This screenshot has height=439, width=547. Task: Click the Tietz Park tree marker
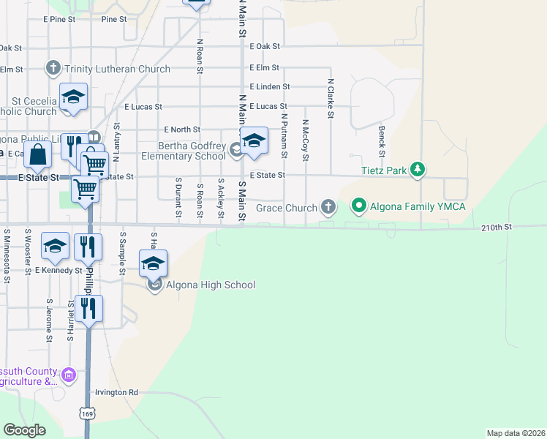pyautogui.click(x=417, y=170)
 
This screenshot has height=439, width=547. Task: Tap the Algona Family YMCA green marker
pyautogui.click(x=359, y=206)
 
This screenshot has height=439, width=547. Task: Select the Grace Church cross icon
pyautogui.click(x=328, y=207)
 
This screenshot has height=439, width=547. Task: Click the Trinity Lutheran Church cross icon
pyautogui.click(x=53, y=69)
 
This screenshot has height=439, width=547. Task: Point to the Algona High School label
pyautogui.click(x=211, y=285)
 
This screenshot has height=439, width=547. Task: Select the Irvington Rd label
pyautogui.click(x=116, y=393)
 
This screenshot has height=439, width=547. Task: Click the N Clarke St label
pyautogui.click(x=331, y=98)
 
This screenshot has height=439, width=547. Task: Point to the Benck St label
pyautogui.click(x=382, y=140)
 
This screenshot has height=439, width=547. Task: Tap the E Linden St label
pyautogui.click(x=269, y=86)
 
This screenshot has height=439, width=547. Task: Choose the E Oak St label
pyautogui.click(x=265, y=46)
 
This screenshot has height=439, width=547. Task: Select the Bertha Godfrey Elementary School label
pyautogui.click(x=192, y=151)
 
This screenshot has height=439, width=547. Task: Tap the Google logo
pyautogui.click(x=24, y=430)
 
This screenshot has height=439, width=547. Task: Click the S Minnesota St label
pyautogui.click(x=7, y=255)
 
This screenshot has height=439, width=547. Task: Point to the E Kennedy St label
pyautogui.click(x=59, y=271)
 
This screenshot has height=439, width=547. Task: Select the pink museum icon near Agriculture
pyautogui.click(x=69, y=375)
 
